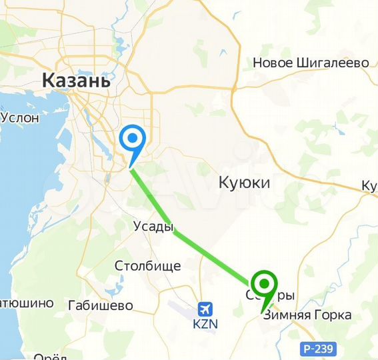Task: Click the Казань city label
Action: click(x=75, y=81)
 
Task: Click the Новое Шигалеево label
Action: click(x=311, y=63)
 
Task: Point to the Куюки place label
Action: click(x=245, y=182)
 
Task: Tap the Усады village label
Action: click(x=153, y=227)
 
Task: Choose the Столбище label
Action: click(x=147, y=266)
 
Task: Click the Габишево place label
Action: click(x=100, y=305)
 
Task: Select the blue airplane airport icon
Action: click(x=205, y=309)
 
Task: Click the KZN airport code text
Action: click(x=206, y=324)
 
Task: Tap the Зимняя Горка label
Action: click(x=307, y=315)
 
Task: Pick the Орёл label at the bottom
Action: click(x=50, y=355)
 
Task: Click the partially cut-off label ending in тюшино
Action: click(x=26, y=303)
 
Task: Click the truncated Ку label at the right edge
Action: click(x=369, y=185)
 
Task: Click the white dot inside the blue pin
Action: click(x=133, y=139)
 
